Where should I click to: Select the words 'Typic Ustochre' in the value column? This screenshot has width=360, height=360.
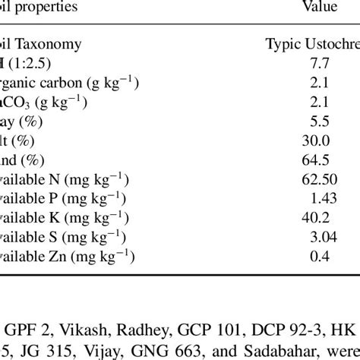311,47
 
